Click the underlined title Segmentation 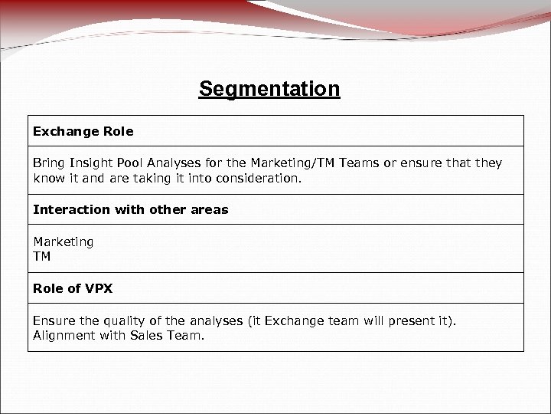(x=269, y=90)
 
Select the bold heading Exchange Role (x=83, y=131)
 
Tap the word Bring (x=51, y=163)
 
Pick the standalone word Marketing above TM (x=64, y=242)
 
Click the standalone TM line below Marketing (x=42, y=257)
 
